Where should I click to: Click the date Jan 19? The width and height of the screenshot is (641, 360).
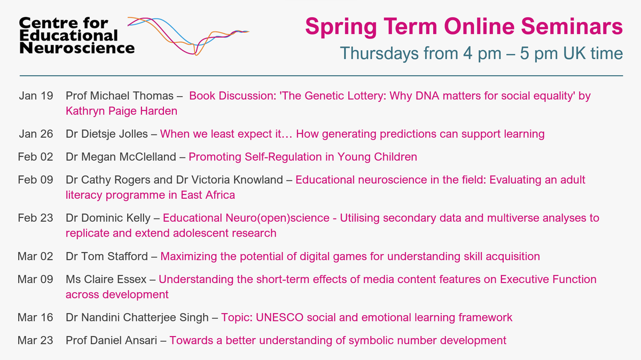click(x=36, y=96)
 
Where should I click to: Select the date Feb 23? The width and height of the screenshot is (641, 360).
click(x=36, y=218)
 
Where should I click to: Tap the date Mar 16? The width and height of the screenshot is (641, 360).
click(x=36, y=318)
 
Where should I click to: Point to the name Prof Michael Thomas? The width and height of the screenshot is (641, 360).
click(x=119, y=96)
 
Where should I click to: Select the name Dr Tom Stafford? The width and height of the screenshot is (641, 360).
click(x=106, y=256)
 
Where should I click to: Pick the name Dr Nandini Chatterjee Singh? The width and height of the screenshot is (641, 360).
click(x=138, y=318)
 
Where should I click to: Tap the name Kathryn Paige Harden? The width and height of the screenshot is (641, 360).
click(x=121, y=111)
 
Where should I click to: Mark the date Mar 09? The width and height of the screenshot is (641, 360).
click(x=36, y=279)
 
